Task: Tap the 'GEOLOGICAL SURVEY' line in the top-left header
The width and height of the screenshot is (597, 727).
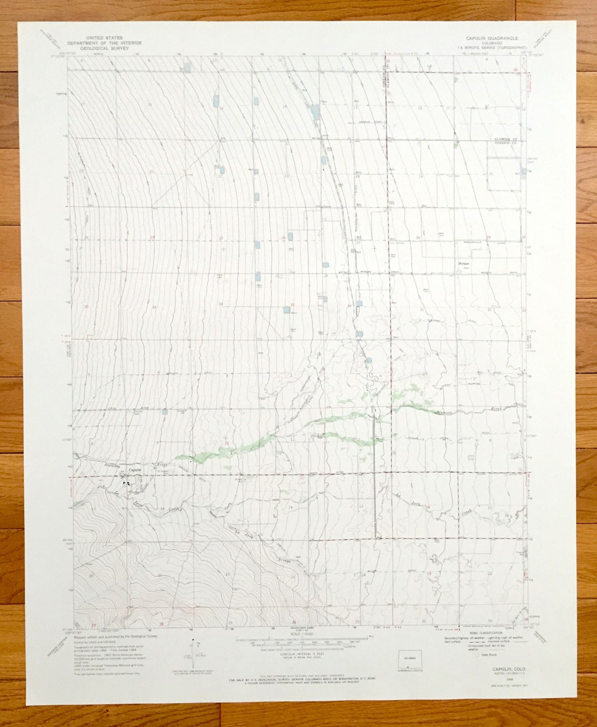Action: tap(104, 48)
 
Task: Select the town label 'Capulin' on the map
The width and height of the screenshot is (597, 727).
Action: tap(135, 470)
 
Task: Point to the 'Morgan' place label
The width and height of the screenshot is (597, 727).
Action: tap(463, 264)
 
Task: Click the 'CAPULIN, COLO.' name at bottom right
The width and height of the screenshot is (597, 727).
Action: tap(507, 653)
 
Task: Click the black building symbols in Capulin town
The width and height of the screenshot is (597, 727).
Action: tap(128, 484)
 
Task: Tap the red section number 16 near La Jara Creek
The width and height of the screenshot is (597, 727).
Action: tap(162, 509)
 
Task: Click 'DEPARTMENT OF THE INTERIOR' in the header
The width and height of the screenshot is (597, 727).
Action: tap(104, 43)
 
